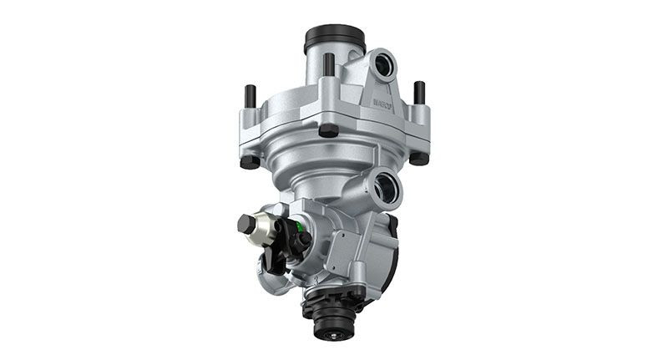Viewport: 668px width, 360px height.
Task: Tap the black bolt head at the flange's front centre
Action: pyautogui.click(x=329, y=130)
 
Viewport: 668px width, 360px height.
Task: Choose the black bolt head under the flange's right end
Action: pyautogui.click(x=418, y=157)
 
